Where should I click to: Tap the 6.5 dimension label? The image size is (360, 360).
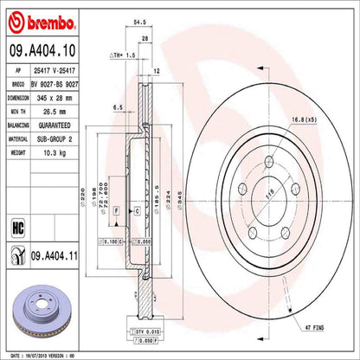click(116, 106)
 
